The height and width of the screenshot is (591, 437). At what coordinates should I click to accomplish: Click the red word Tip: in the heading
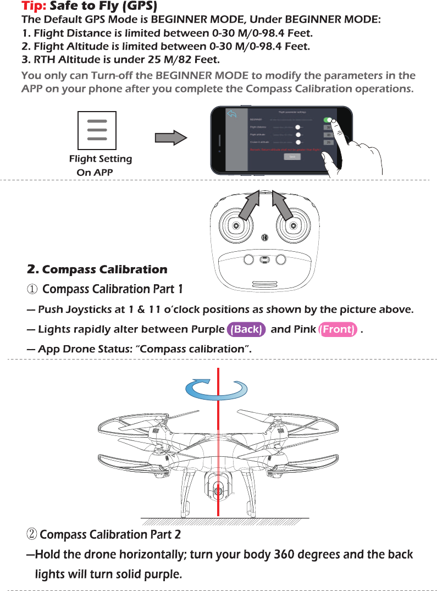pyautogui.click(x=34, y=7)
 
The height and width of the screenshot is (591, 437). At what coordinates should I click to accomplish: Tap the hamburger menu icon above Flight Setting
pyautogui.click(x=97, y=130)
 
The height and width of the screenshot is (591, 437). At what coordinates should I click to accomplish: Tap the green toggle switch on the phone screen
pyautogui.click(x=329, y=120)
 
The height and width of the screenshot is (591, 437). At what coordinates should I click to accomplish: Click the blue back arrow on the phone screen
pyautogui.click(x=232, y=114)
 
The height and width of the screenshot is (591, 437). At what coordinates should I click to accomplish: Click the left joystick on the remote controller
pyautogui.click(x=236, y=226)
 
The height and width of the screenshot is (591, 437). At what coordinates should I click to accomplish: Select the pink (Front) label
pyautogui.click(x=338, y=329)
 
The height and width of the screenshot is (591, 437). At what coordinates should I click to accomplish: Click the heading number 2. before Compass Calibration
pyautogui.click(x=33, y=269)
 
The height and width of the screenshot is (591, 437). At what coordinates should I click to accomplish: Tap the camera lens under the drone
pyautogui.click(x=218, y=490)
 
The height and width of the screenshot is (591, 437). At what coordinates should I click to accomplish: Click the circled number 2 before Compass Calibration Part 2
pyautogui.click(x=32, y=534)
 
